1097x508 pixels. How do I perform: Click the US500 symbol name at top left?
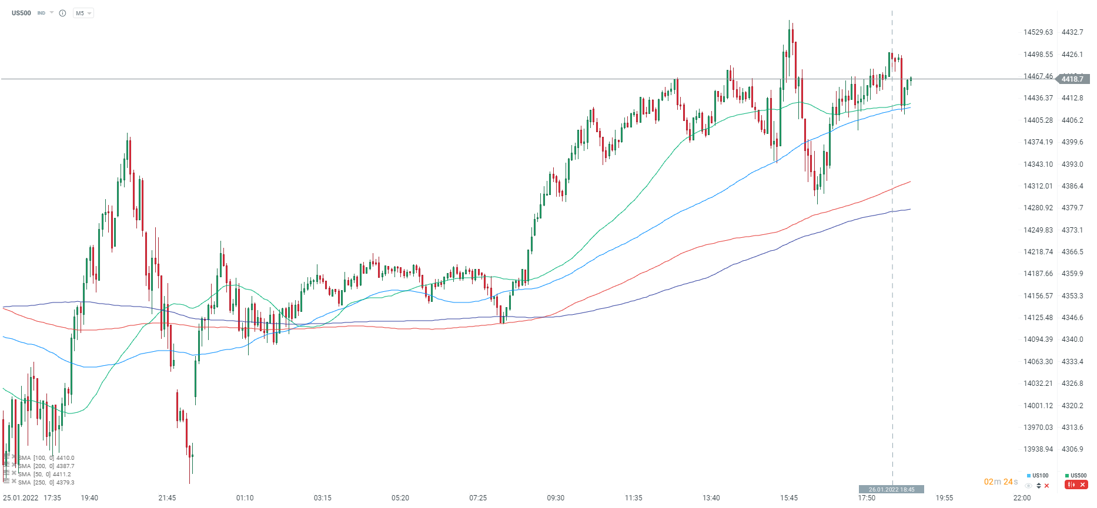click(x=21, y=13)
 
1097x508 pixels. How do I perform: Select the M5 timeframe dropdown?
click(x=83, y=13)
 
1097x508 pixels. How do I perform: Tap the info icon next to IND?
click(x=62, y=13)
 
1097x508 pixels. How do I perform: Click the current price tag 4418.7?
click(x=1073, y=79)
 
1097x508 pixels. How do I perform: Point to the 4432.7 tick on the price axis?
click(x=1072, y=32)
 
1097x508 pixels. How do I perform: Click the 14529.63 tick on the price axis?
click(x=1038, y=32)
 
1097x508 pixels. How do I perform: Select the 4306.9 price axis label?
click(x=1072, y=449)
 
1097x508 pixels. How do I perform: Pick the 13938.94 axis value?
click(x=1038, y=449)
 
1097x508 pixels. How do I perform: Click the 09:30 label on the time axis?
click(x=556, y=498)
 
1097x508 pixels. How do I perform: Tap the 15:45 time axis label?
click(x=789, y=498)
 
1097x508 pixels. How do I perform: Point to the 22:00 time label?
click(x=1022, y=498)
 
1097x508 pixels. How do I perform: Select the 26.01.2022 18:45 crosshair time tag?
click(x=891, y=489)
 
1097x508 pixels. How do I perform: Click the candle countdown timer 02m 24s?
click(x=1001, y=482)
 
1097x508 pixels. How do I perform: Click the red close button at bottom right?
click(x=1082, y=485)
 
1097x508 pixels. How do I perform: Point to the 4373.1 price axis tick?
click(x=1072, y=230)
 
